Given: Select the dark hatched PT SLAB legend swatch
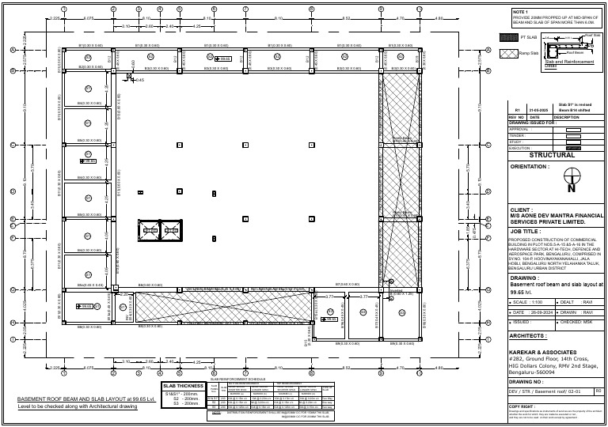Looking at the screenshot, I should (x=509, y=37).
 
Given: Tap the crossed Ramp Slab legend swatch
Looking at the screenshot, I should (x=509, y=52).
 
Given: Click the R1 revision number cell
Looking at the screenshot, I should (x=517, y=111).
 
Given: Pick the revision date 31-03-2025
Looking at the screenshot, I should (x=534, y=111).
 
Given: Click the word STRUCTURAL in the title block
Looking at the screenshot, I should (x=552, y=155).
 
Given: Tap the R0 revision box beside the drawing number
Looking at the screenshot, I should (x=598, y=391).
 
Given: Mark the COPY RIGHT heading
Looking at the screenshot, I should (x=522, y=406).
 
